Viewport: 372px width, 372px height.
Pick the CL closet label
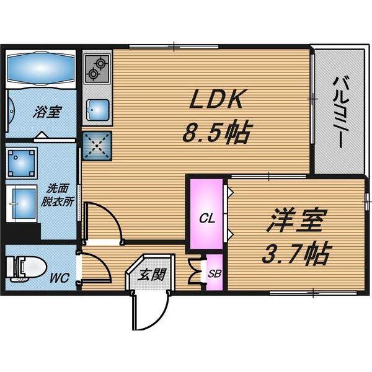click(x=206, y=218)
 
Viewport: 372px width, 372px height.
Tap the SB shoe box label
click(x=214, y=273)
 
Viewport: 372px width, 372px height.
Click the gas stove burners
click(x=97, y=68)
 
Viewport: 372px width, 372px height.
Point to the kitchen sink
click(x=97, y=110)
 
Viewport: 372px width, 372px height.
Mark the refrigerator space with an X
click(x=96, y=146)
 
